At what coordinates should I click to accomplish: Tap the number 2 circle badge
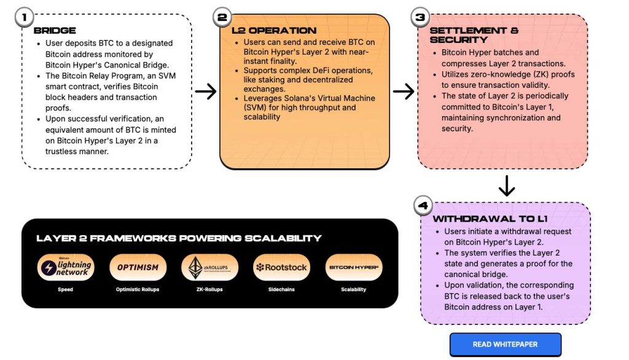click(222, 17)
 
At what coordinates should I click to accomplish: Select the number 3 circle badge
click(420, 17)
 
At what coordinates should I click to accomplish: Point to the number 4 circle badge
click(423, 205)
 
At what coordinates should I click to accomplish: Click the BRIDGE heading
click(55, 30)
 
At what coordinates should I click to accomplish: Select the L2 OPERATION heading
click(274, 30)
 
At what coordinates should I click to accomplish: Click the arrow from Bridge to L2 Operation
click(206, 92)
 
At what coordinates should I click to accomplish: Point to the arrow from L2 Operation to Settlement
click(404, 92)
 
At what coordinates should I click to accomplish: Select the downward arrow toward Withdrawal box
click(506, 186)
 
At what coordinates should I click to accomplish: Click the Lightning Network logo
click(65, 268)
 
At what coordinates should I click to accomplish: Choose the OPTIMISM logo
click(138, 267)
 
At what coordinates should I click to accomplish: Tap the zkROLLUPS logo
click(209, 268)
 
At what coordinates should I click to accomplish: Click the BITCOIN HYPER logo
click(353, 267)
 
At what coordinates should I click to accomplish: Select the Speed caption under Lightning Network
click(65, 289)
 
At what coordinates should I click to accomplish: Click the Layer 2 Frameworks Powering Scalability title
click(179, 238)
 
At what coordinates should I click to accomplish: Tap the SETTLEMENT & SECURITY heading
click(474, 35)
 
